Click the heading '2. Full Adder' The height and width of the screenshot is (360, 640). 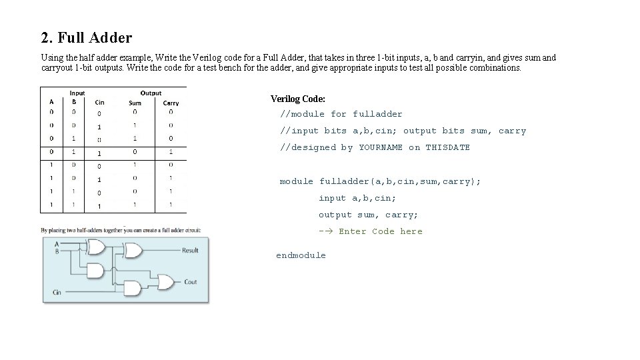(x=86, y=37)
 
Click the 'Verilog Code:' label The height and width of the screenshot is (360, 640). (x=297, y=99)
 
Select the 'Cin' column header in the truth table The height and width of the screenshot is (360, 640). (x=99, y=102)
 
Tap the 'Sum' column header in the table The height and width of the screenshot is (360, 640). (x=135, y=103)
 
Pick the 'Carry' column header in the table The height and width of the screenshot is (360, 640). (x=171, y=103)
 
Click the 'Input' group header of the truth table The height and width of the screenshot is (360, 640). (x=77, y=93)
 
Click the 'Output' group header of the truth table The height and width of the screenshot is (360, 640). (x=151, y=93)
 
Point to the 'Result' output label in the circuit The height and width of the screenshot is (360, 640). (x=190, y=251)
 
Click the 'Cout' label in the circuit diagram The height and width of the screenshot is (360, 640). (x=191, y=282)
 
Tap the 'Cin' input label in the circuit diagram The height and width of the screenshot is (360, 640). (x=57, y=292)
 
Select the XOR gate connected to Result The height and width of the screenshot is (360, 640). (x=133, y=251)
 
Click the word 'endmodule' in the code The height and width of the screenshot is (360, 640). (x=301, y=255)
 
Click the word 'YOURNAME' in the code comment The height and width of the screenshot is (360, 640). (x=381, y=147)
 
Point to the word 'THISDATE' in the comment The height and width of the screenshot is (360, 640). (x=447, y=147)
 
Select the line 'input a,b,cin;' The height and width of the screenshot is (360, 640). (x=357, y=198)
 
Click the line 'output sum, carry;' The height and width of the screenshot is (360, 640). (x=368, y=215)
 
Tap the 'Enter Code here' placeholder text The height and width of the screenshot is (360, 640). (x=380, y=231)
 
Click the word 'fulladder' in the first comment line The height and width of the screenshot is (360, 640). (x=377, y=114)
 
